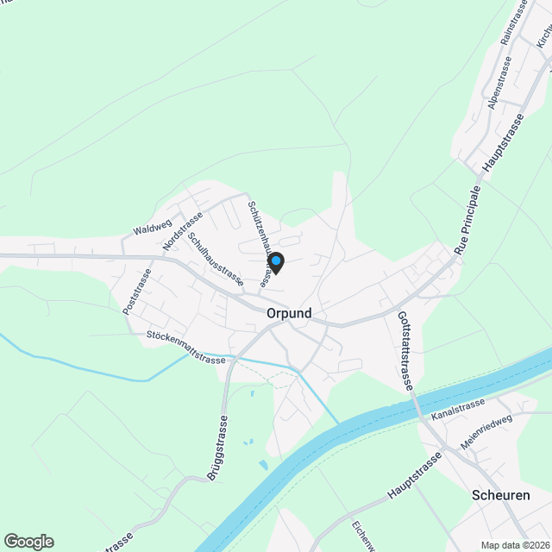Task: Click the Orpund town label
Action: click(289, 313)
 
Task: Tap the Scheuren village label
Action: click(500, 495)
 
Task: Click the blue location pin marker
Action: click(275, 262)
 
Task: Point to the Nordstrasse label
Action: click(182, 231)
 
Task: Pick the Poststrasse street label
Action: click(137, 291)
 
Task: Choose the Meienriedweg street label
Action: click(486, 431)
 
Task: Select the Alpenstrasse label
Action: click(499, 83)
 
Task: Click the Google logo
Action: click(28, 542)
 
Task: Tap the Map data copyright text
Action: click(515, 545)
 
